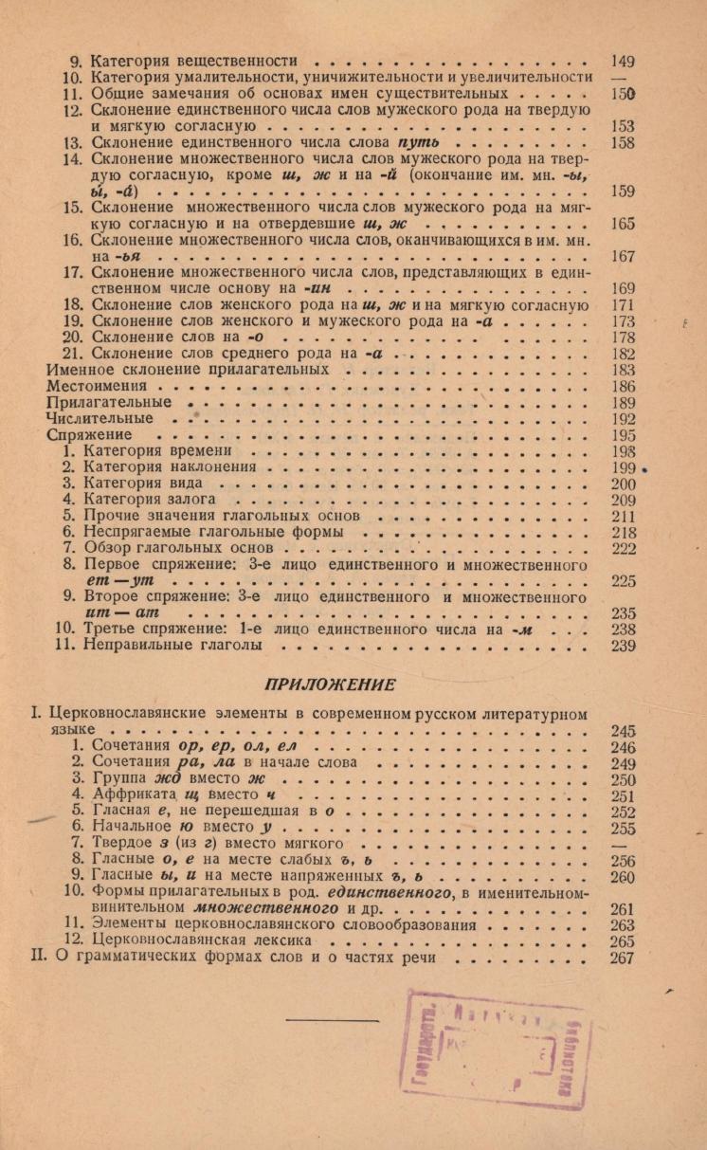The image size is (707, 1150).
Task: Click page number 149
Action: point(623,60)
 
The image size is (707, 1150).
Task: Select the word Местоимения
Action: point(97,387)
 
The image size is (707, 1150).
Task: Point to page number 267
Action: point(623,958)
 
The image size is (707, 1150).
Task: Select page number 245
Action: point(623,732)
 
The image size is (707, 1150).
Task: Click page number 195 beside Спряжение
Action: point(623,435)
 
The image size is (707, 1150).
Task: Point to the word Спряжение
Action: point(87,435)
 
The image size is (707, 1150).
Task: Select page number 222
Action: point(623,548)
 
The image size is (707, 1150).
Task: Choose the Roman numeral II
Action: point(41,958)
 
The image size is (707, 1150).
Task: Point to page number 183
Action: point(623,371)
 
